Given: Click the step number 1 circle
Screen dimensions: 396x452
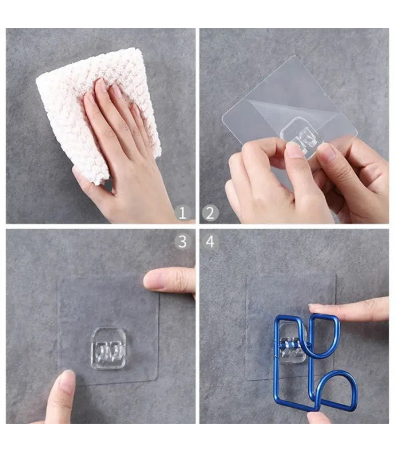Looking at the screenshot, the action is pos(182,214).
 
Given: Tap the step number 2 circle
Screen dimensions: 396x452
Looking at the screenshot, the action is pos(210,214).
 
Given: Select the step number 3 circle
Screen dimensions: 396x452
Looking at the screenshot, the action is pos(182,242).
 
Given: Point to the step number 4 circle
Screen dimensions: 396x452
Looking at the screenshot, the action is pos(210,242).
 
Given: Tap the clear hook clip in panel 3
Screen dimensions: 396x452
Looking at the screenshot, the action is pos(109,348).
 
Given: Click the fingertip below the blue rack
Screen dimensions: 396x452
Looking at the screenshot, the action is pos(318,418).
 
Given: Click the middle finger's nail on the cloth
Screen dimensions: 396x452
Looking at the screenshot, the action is pos(101,86).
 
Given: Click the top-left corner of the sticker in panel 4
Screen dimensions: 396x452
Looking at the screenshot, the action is pos(246,275).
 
